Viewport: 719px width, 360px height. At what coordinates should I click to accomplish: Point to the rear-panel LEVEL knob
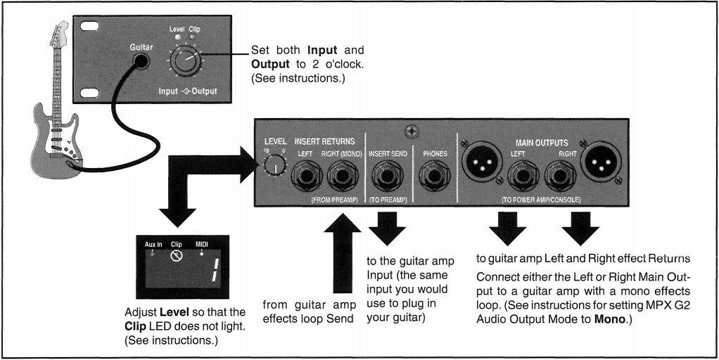(274, 165)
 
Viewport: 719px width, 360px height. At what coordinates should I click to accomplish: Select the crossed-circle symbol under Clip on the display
(177, 257)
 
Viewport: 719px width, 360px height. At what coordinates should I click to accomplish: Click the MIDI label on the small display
(203, 244)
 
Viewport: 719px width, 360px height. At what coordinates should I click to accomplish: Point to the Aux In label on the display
(153, 244)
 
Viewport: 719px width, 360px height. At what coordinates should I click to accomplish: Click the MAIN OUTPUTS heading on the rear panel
(542, 143)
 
